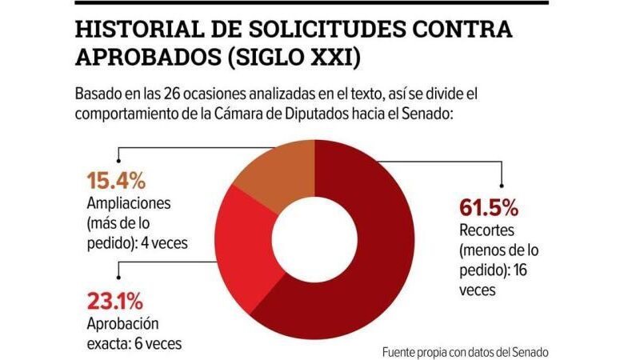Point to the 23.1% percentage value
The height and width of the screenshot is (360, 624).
pos(114,302)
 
